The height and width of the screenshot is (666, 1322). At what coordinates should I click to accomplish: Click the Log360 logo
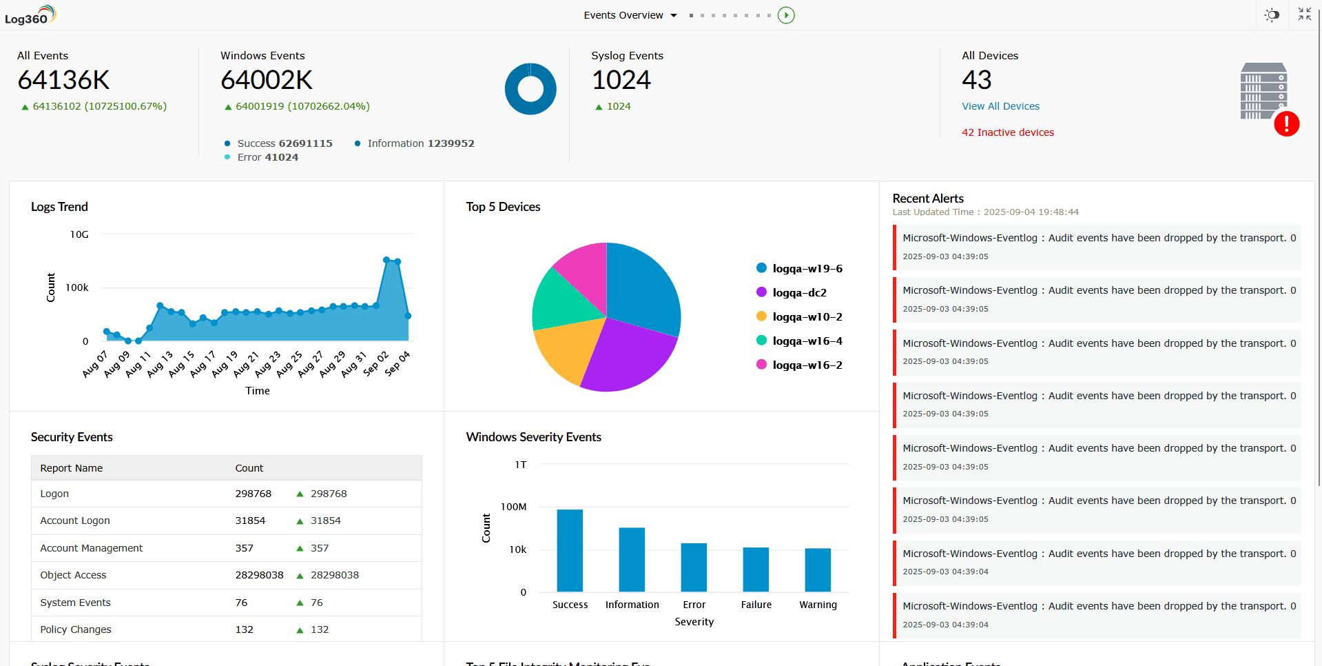[29, 15]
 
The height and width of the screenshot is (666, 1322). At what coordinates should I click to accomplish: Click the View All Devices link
[1000, 106]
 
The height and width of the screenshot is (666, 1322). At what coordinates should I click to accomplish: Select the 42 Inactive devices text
[1007, 132]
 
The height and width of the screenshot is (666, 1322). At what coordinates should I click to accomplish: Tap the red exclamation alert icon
[1286, 124]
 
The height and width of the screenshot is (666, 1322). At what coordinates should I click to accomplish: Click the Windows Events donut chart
[530, 89]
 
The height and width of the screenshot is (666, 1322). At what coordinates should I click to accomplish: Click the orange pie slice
[566, 350]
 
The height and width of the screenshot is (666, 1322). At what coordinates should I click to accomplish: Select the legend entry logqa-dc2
[798, 292]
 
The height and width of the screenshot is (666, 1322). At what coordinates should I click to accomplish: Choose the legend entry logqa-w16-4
[807, 341]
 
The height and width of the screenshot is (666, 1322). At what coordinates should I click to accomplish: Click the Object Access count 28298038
[259, 575]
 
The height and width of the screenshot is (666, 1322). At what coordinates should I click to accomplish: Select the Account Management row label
[91, 548]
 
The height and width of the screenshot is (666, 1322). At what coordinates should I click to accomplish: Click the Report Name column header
[71, 468]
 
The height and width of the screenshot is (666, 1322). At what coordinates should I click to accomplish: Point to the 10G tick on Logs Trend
[79, 234]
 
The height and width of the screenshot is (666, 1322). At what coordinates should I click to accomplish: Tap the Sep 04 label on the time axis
[397, 363]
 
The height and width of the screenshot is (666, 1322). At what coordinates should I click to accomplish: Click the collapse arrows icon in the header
[1304, 14]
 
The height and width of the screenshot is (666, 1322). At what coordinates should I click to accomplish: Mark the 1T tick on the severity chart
[521, 465]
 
